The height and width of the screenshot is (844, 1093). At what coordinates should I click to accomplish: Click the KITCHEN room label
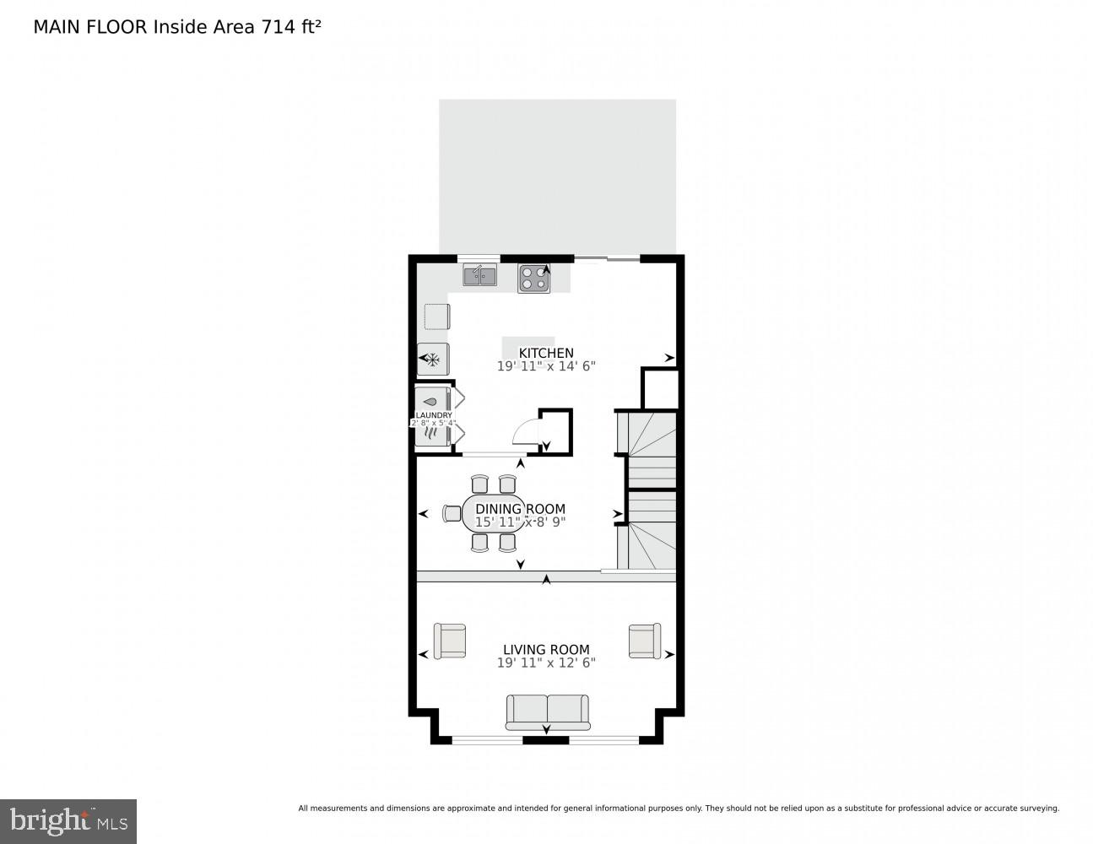pos(546,353)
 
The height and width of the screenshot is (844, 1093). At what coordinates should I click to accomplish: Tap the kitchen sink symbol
pos(479,275)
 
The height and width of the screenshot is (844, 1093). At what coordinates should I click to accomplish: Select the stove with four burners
pos(533,279)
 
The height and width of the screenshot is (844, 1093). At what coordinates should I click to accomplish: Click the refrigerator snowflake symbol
pos(432,360)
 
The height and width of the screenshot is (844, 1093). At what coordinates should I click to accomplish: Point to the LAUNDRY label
pos(433,415)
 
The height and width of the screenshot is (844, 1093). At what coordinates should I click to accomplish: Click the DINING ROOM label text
pos(520,509)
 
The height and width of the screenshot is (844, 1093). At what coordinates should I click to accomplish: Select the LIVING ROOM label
pos(546,649)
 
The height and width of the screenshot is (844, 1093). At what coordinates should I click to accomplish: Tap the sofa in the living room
pos(547,711)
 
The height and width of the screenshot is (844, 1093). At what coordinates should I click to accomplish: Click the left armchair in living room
pos(449,641)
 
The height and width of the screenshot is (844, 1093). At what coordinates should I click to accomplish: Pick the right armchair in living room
pos(644,641)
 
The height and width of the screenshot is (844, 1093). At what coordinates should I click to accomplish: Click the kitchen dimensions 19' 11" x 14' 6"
pos(546,366)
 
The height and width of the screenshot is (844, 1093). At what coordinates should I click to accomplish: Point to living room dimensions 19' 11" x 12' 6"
pos(546,663)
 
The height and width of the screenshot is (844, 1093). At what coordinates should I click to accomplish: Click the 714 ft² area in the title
pos(286,26)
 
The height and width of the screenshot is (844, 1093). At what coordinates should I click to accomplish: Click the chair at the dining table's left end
pos(452,513)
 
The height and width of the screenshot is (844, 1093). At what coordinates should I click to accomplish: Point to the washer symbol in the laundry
pos(432,401)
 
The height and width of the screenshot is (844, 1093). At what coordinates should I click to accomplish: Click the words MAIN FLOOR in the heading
pos(90,26)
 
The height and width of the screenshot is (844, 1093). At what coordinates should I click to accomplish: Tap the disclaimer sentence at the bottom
pos(678,808)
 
